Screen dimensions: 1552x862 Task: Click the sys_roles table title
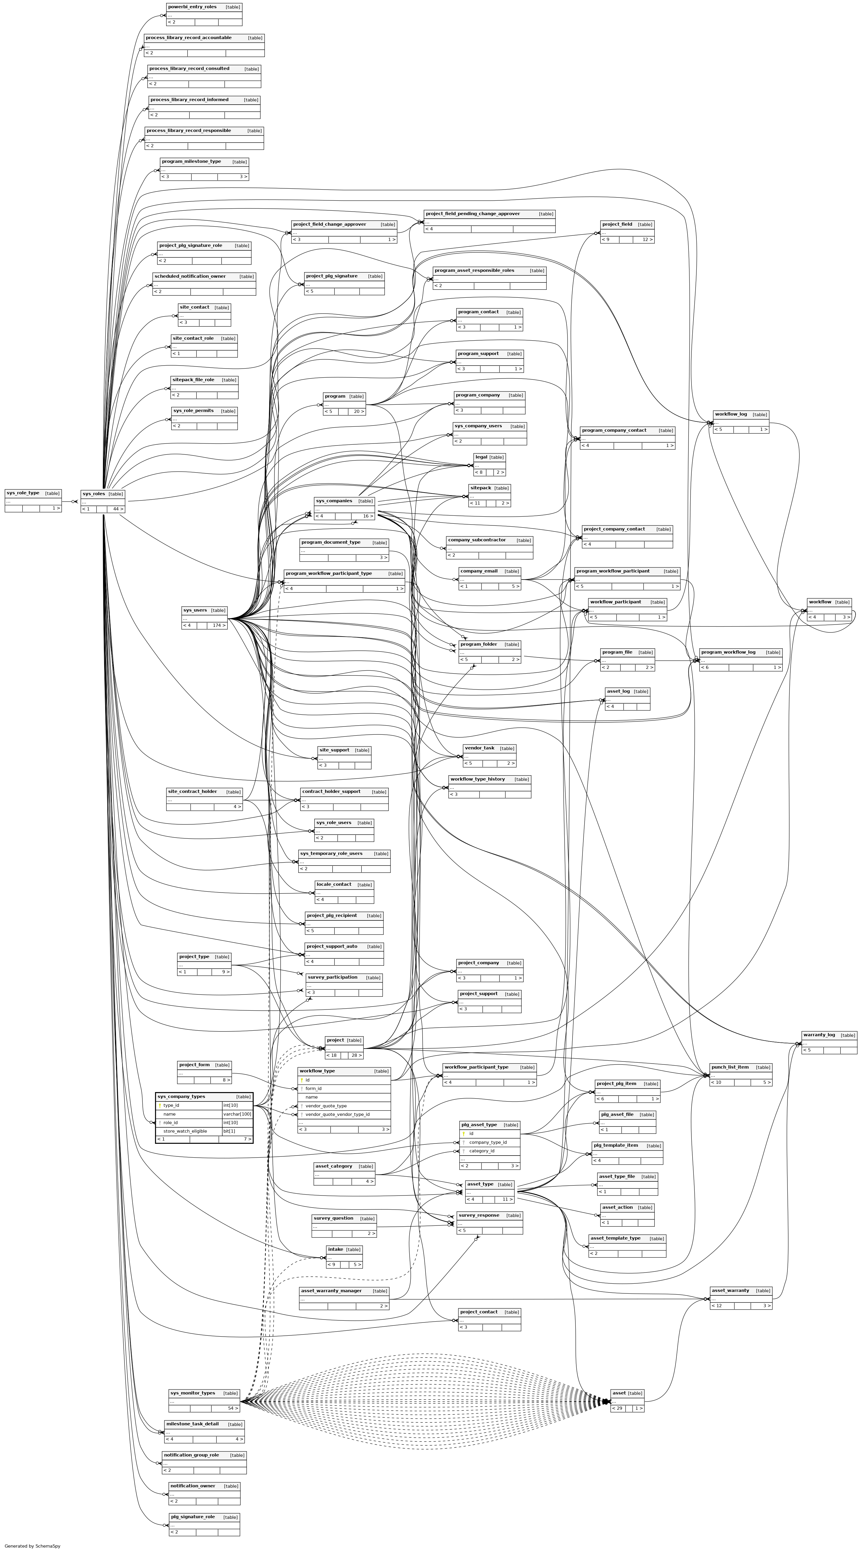[94, 494]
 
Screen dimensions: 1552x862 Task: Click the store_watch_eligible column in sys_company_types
[185, 1131]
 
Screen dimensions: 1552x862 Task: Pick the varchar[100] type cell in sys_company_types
[237, 1114]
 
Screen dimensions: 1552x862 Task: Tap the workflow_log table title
[731, 414]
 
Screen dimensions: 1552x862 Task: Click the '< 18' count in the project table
[332, 1056]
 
